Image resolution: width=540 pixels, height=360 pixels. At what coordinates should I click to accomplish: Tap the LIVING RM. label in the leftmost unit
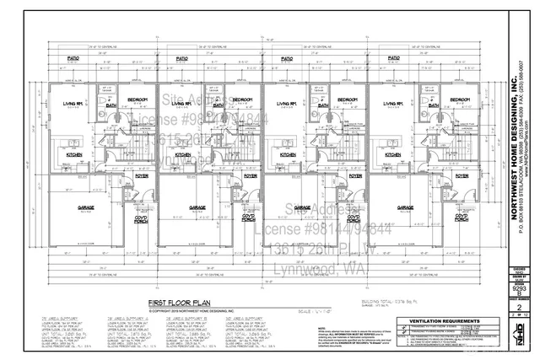pos(73,105)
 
